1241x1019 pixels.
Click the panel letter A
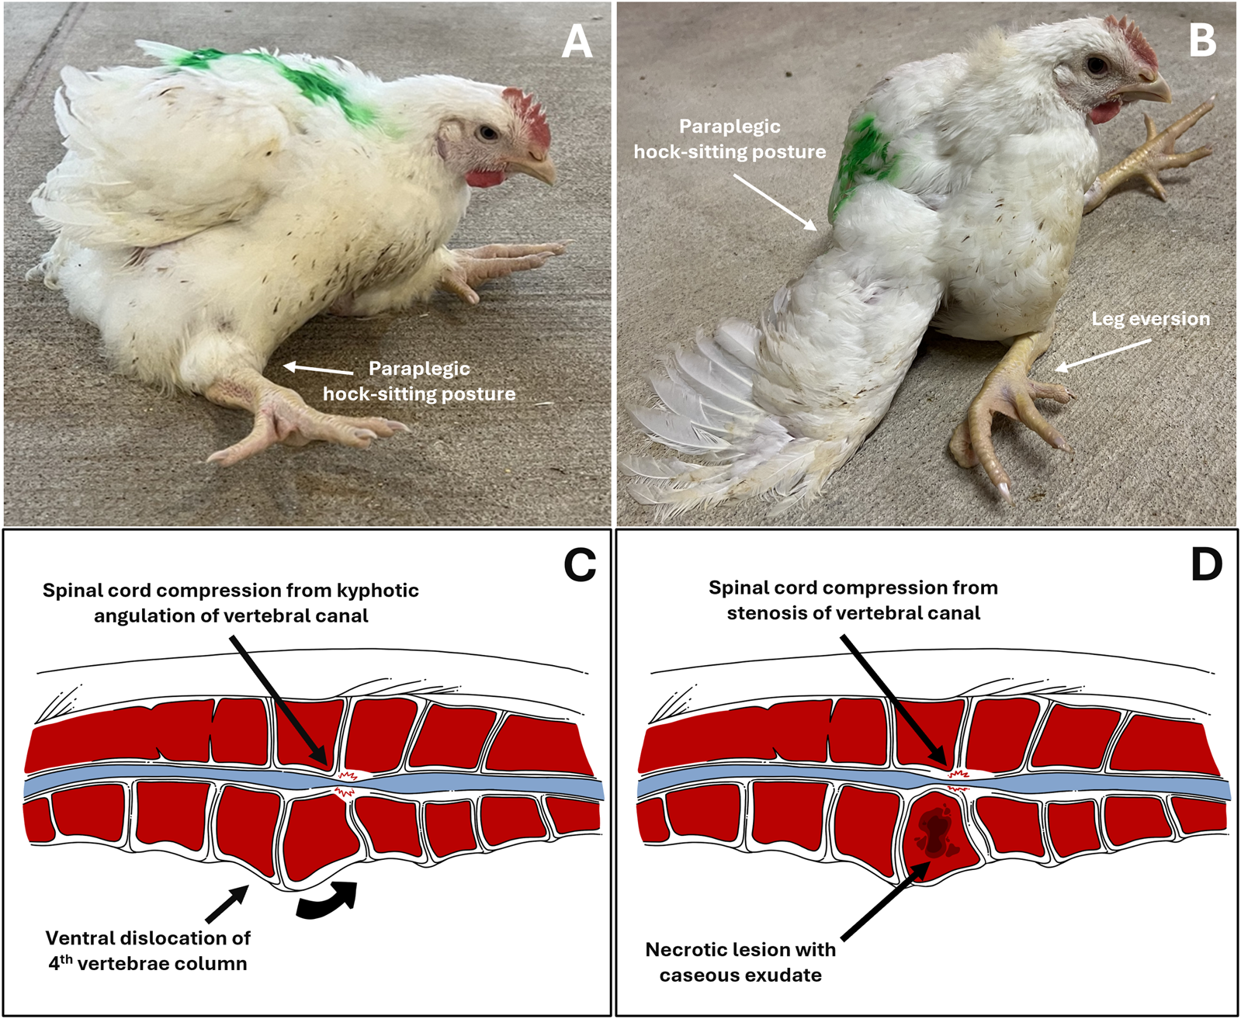tap(577, 42)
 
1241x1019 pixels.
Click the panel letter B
tap(1202, 41)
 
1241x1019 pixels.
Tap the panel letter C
tap(580, 565)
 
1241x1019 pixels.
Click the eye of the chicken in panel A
tap(488, 133)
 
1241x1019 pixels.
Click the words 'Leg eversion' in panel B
tap(1150, 319)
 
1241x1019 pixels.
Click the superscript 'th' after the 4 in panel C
tap(67, 958)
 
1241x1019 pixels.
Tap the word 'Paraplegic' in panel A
tap(419, 369)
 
